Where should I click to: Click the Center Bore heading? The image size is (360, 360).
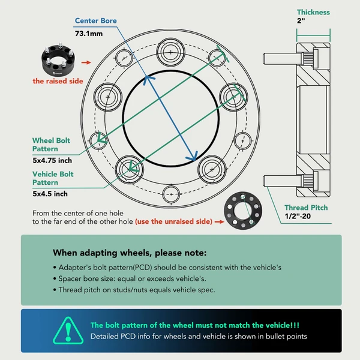click(x=95, y=21)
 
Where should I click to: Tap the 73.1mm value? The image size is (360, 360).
click(x=88, y=35)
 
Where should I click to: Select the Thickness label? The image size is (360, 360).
click(x=313, y=13)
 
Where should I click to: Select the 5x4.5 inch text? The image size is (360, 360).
click(x=49, y=194)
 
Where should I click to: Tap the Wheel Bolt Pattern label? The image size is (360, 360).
click(x=51, y=144)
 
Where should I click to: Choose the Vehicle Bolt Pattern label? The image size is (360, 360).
click(x=53, y=178)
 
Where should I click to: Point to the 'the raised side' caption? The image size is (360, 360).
click(x=58, y=81)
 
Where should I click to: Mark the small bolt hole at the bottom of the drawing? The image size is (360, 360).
click(x=172, y=194)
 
